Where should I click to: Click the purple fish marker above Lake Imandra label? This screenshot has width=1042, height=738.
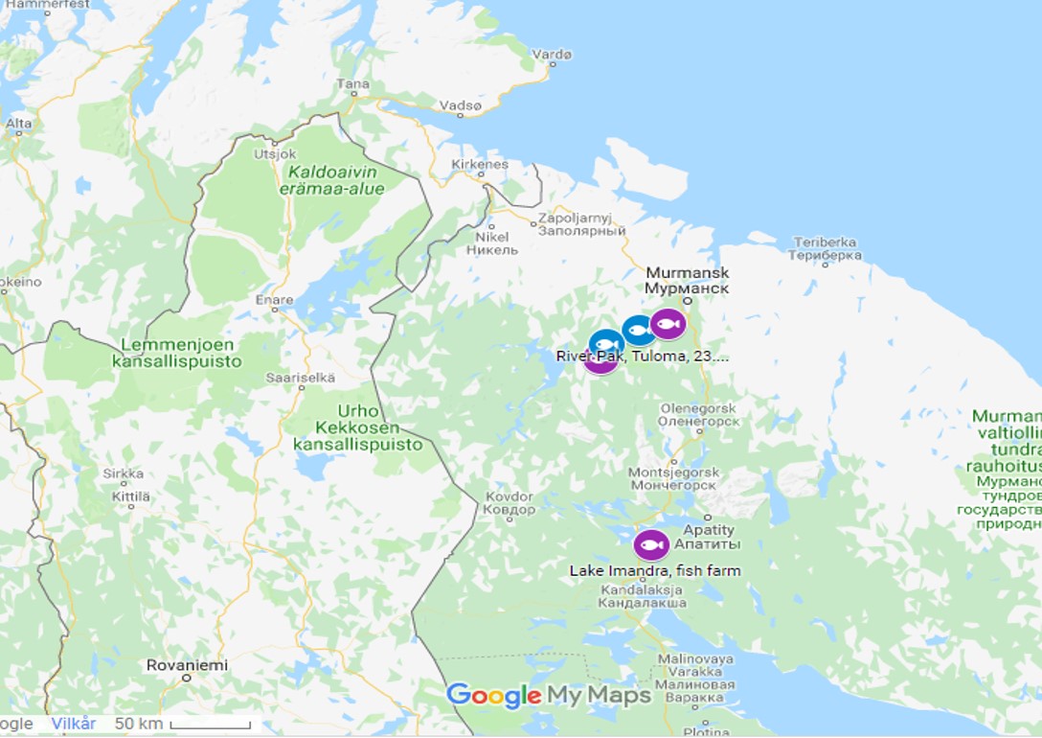pos(651,545)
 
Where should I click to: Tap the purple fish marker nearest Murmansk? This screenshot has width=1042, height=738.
pos(668,325)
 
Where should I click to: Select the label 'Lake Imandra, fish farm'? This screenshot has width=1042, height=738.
pos(655,571)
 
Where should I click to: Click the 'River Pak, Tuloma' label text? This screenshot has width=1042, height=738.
pos(642,357)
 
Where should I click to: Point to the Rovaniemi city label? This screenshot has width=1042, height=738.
pos(187,665)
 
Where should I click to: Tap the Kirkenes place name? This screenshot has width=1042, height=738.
pos(481,164)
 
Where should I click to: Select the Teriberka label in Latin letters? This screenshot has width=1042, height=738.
pos(825,242)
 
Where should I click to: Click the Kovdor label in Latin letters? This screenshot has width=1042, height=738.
pos(509,496)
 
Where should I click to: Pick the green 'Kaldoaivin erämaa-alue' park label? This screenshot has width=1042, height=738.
pos(331,180)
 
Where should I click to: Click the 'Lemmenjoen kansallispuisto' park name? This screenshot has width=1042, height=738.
pos(177,354)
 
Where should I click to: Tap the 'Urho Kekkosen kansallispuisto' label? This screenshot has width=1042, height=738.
pos(357,427)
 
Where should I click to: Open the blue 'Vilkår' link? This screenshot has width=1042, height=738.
pos(74,724)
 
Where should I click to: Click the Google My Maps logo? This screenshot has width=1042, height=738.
pos(549,696)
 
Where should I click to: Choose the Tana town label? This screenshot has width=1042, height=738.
pos(352,84)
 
